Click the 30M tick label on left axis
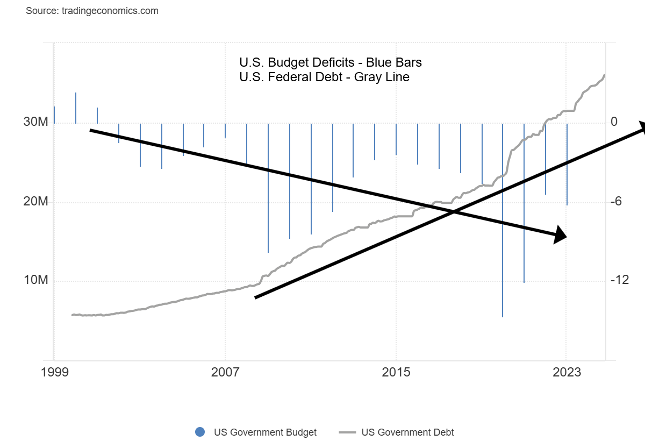pos(35,123)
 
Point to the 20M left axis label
pos(35,202)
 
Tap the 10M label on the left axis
pos(35,281)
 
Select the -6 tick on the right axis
pos(616,202)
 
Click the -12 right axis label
pos(619,281)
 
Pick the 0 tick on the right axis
pos(614,123)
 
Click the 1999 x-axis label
pos(54,372)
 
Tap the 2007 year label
pos(225,372)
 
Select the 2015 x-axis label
pos(396,372)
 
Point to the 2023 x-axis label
pos(567,372)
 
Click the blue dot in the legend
pos(200,432)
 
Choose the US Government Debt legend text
pos(407,432)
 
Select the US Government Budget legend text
pos(265,432)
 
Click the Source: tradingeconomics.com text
pos(92,11)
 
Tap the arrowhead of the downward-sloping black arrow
pos(561,234)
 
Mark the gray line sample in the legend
pos(348,432)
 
